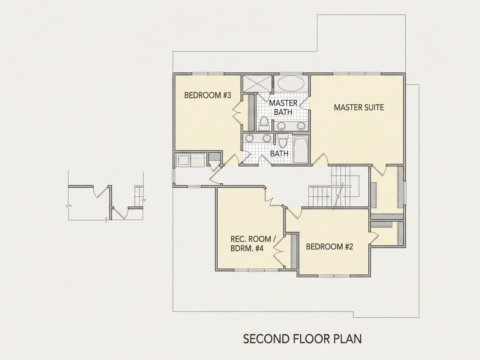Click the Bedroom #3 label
[x=207, y=95]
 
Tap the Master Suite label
[x=359, y=107]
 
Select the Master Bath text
[x=283, y=107]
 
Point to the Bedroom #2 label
[x=330, y=247]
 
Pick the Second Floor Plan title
[x=302, y=339]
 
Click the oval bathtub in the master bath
[x=291, y=82]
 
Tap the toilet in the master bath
[x=264, y=123]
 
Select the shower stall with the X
[x=257, y=83]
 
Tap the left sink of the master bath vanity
[x=281, y=126]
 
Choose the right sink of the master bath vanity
[x=302, y=126]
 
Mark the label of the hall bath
[x=279, y=153]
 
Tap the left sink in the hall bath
[x=250, y=138]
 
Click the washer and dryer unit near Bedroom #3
[x=190, y=160]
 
